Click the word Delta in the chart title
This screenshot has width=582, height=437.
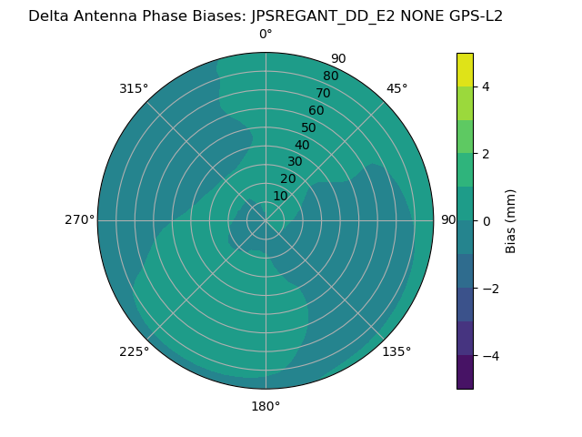49,15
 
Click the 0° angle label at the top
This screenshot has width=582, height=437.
266,35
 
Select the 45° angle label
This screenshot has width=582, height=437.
396,88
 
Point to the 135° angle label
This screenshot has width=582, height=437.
396,351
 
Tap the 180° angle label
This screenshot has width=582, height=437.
266,406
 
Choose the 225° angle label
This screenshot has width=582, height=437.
134,351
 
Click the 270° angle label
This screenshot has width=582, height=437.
79,220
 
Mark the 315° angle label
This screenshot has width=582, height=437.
134,88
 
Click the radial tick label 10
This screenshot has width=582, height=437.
280,196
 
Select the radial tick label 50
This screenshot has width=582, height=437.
308,127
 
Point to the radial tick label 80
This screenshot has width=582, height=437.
330,76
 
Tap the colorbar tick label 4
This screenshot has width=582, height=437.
486,86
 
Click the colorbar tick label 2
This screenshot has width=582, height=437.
486,154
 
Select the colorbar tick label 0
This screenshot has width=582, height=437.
486,221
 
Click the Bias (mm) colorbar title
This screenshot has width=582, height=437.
511,220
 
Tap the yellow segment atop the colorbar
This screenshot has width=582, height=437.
465,69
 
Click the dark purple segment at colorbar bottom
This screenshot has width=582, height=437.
465,371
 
